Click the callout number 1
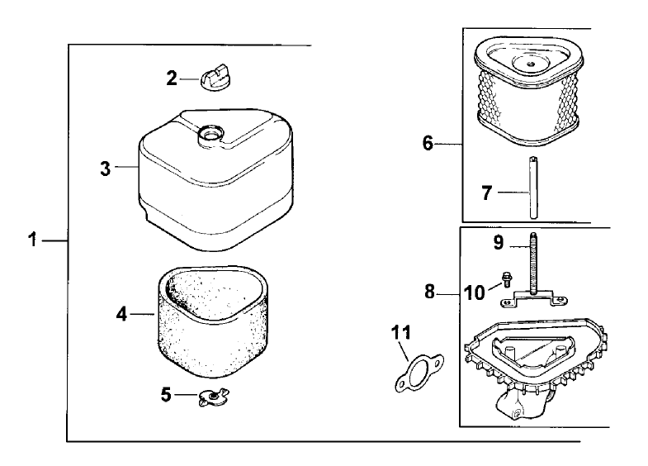pos(31,240)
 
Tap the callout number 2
pos(172,78)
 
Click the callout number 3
pos(105,168)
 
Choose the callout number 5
pos(166,394)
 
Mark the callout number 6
pos(428,143)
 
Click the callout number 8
pos(428,291)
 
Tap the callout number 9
pos(498,243)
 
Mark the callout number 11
pos(400,334)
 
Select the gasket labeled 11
pos(418,370)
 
